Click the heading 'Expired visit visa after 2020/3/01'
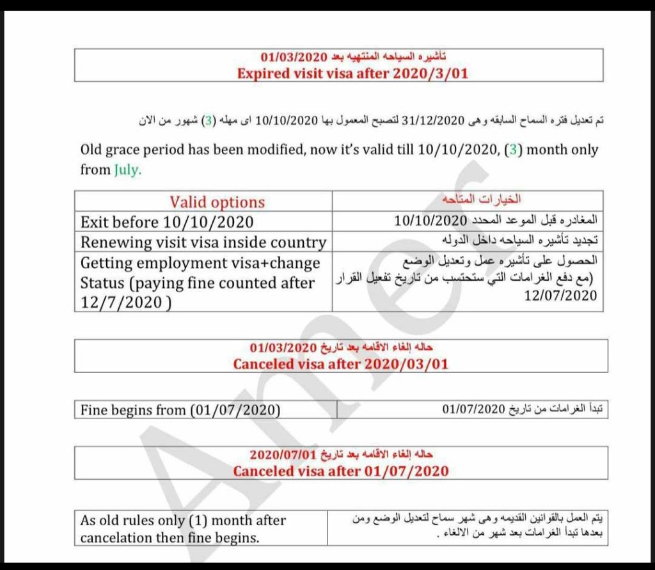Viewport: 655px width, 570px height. (x=352, y=73)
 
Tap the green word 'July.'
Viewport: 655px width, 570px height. (x=127, y=170)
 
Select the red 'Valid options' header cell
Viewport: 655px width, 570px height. (x=217, y=202)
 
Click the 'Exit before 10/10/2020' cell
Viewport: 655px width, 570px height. (x=167, y=222)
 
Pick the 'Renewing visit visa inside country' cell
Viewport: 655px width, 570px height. (x=203, y=242)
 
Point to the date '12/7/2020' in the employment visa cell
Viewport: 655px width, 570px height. (x=123, y=303)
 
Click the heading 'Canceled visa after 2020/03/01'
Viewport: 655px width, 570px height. (x=340, y=364)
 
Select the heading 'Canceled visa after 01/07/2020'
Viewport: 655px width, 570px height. (x=340, y=471)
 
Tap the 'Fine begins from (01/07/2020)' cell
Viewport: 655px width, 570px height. (x=180, y=410)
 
